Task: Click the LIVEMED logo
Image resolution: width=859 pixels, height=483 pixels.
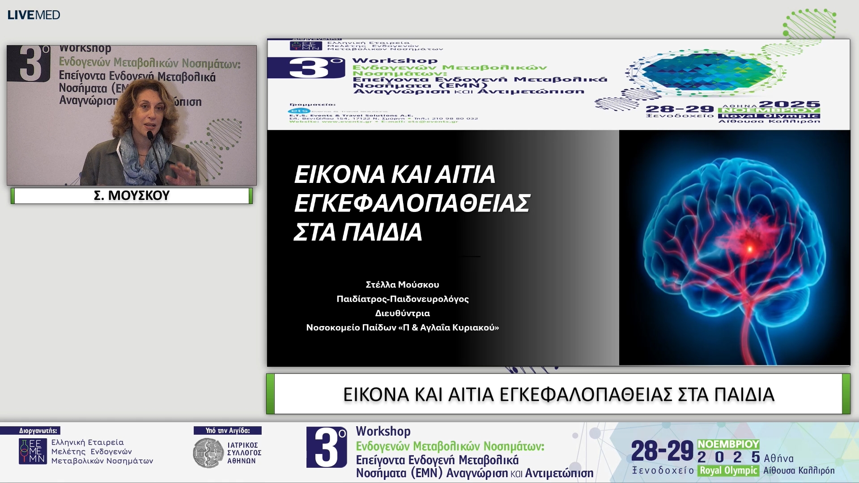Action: (34, 15)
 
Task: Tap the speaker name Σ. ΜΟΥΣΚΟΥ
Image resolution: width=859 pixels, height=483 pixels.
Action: (132, 195)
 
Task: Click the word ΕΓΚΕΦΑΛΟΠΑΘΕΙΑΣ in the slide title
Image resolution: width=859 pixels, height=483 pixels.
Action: (412, 203)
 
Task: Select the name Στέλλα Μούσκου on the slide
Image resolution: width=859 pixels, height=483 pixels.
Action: (402, 284)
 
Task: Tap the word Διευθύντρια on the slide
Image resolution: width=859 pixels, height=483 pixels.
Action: (402, 313)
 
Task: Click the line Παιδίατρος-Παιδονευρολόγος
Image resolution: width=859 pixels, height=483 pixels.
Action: (402, 299)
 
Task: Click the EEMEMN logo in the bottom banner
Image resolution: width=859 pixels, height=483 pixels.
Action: (33, 451)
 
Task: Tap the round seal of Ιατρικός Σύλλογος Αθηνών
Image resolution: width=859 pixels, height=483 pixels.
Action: (208, 453)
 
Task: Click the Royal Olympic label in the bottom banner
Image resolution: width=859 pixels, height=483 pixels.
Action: (728, 470)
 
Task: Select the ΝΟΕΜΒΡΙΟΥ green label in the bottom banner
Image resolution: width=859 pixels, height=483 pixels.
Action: (728, 444)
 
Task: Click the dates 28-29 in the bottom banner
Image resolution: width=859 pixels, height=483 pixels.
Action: (662, 451)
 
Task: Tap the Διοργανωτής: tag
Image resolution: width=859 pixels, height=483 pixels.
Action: (38, 431)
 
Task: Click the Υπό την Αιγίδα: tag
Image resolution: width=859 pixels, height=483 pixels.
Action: (228, 431)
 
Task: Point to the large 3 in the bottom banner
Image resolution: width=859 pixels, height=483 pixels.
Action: (327, 447)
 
